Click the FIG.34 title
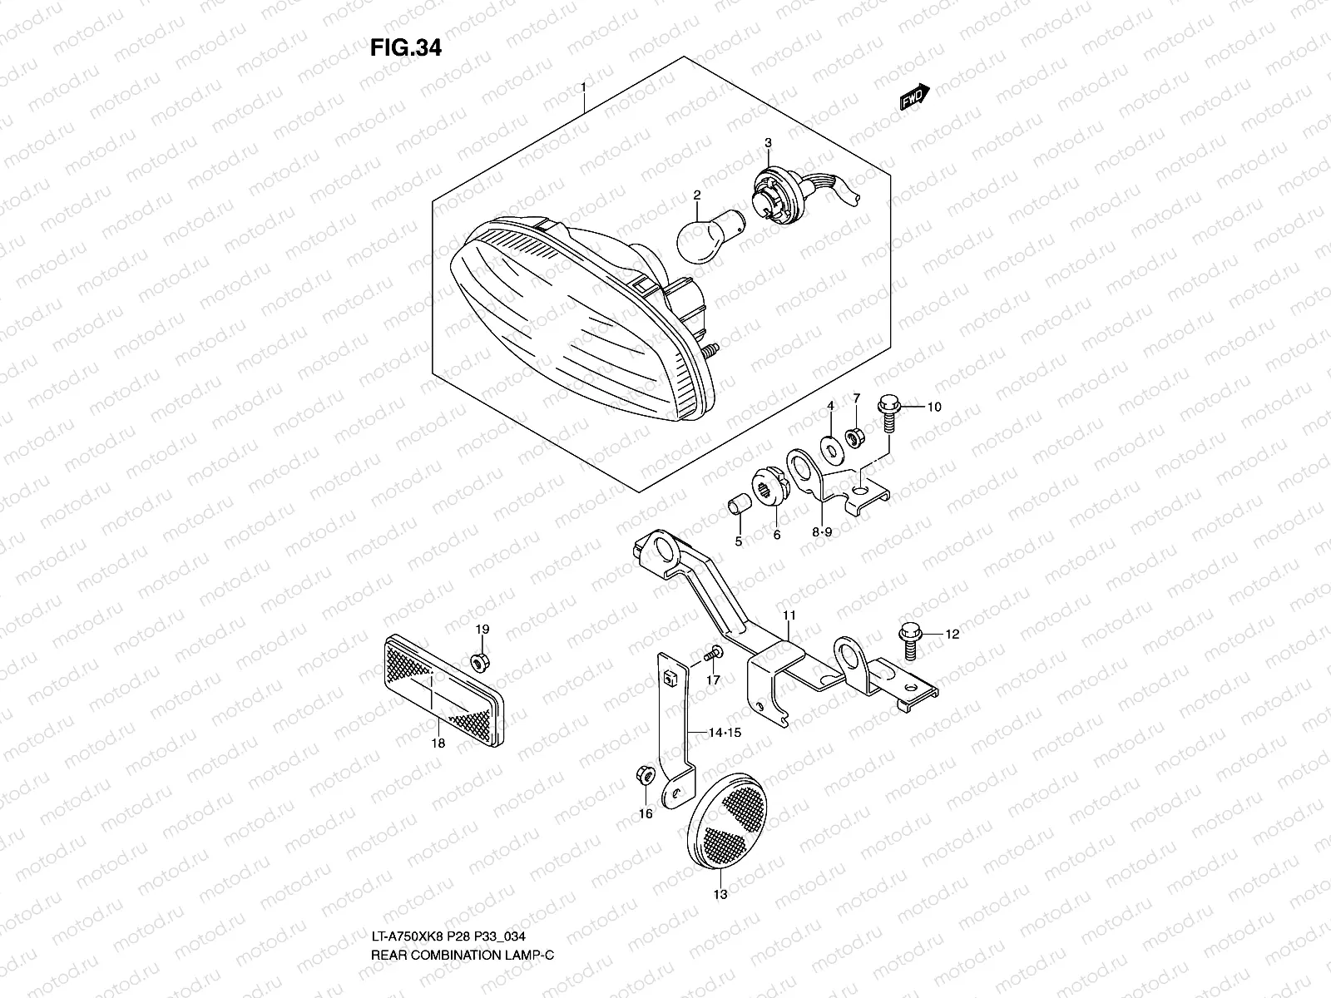(405, 48)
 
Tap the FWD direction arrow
(913, 97)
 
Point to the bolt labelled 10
(887, 414)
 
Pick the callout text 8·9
(822, 532)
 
